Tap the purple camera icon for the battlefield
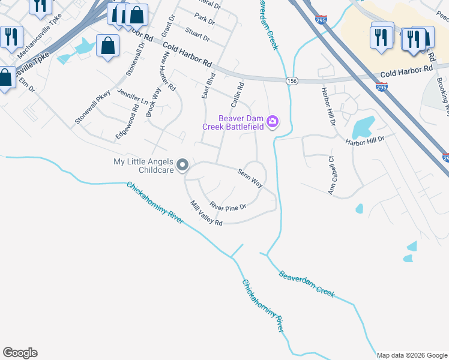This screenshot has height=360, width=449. pyautogui.click(x=273, y=122)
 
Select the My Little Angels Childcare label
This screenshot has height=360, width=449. pyautogui.click(x=143, y=166)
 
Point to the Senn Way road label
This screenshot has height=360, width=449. pyautogui.click(x=250, y=178)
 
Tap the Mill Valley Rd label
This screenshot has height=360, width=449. pyautogui.click(x=206, y=214)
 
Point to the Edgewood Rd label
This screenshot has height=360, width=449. pyautogui.click(x=127, y=121)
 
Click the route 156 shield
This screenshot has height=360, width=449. pyautogui.click(x=292, y=80)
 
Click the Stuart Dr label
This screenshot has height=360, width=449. pyautogui.click(x=197, y=34)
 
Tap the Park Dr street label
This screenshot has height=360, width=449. pyautogui.click(x=204, y=19)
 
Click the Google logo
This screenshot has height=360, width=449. pyautogui.click(x=20, y=353)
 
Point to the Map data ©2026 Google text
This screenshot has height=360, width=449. pyautogui.click(x=412, y=355)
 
